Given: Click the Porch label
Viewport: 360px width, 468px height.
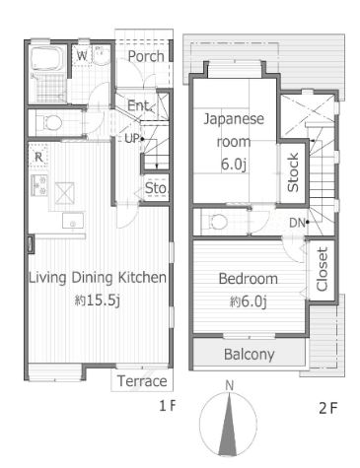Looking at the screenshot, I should tap(146, 57).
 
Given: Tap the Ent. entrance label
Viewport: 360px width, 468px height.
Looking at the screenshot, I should tap(138, 106).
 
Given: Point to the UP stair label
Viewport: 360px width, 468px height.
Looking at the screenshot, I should tap(132, 138).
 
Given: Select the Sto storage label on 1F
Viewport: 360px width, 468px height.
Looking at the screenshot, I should tap(156, 187).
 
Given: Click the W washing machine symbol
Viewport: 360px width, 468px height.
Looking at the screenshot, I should tap(84, 57).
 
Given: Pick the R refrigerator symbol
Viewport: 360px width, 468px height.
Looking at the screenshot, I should tap(37, 156).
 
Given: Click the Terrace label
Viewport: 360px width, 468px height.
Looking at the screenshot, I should tap(141, 381).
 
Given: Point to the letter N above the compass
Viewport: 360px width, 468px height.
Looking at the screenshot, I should tap(229, 385).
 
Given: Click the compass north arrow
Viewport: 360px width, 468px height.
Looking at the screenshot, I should tap(229, 424).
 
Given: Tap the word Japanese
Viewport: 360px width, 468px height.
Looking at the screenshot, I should tap(235, 120).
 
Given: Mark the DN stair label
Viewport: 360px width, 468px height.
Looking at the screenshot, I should tap(296, 222).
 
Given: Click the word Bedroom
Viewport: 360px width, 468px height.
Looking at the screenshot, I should tap(248, 279).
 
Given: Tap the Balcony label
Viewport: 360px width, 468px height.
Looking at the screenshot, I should tap(249, 354).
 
